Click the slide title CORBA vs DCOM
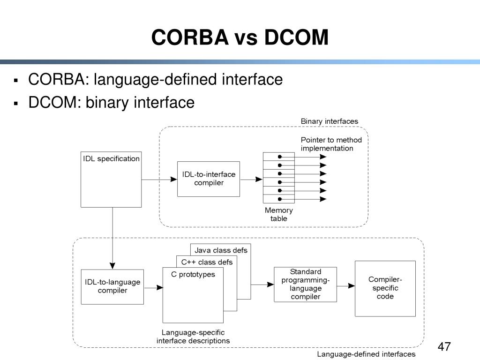[x=240, y=37]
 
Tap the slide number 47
[x=443, y=347]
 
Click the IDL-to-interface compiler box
[x=209, y=179]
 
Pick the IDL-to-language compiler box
[x=112, y=286]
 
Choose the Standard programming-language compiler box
[x=305, y=284]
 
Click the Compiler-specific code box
[x=385, y=288]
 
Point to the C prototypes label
[x=193, y=275]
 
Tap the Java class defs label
[x=221, y=250]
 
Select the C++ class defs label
[x=207, y=262]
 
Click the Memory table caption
[x=278, y=215]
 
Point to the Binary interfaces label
[x=329, y=121]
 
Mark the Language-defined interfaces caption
[x=366, y=354]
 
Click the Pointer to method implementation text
[x=331, y=144]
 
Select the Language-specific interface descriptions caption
[x=193, y=337]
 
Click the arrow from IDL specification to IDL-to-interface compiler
[x=159, y=179]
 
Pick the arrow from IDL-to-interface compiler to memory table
[x=251, y=179]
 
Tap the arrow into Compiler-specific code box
[x=345, y=285]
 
